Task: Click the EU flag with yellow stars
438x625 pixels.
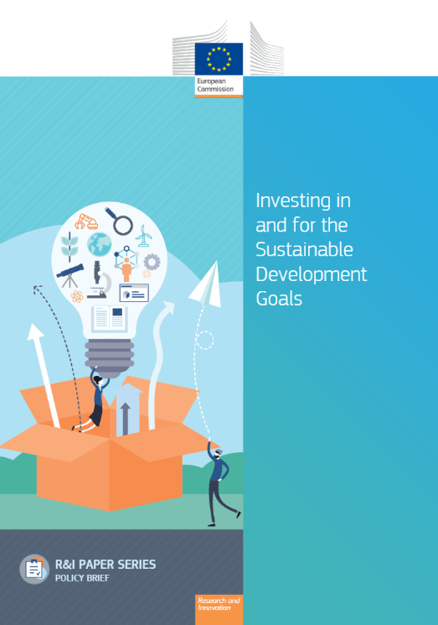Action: coord(219,59)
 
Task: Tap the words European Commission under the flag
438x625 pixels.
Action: coord(215,85)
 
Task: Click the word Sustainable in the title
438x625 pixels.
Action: coord(304,249)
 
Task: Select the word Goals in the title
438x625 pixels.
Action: coord(279,299)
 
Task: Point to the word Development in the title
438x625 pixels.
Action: coord(311,275)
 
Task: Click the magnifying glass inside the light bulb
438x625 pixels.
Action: coord(119,221)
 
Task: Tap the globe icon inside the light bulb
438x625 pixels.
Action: coord(100,244)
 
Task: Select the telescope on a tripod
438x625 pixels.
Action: coord(70,275)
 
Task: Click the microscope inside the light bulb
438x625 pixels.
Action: coord(100,280)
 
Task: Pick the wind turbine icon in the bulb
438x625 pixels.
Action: coord(143,236)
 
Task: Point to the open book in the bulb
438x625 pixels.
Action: coord(110,319)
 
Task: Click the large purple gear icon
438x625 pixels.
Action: coord(152,262)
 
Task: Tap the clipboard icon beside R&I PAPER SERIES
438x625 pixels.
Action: coord(34,569)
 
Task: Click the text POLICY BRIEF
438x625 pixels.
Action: coord(82,578)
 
